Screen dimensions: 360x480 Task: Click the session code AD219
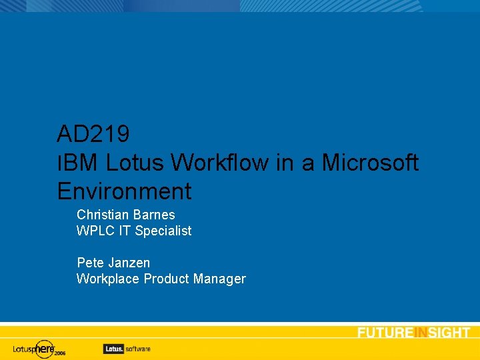93,134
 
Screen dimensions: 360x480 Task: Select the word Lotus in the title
135,163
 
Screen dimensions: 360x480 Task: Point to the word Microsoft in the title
371,163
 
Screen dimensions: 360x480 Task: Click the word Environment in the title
124,191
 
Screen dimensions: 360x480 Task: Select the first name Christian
103,215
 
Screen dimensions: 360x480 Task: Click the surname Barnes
154,215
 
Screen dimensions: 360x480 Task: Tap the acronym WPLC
95,231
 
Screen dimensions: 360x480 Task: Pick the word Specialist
163,231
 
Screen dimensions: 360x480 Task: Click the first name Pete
90,263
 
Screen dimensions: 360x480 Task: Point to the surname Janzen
129,263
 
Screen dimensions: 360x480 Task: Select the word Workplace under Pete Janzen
105,279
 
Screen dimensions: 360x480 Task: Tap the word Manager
219,279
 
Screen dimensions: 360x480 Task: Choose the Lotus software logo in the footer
127,348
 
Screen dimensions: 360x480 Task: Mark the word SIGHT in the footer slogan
449,333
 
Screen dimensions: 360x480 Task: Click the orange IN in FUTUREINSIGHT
420,333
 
